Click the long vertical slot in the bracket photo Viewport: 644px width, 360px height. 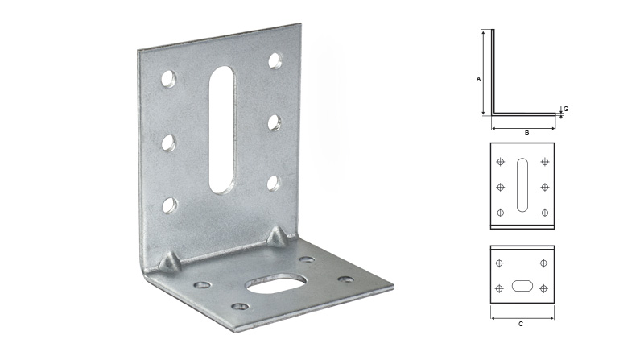click(x=223, y=130)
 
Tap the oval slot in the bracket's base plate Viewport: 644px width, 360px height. click(x=276, y=283)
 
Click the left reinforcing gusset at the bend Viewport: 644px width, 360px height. click(x=170, y=263)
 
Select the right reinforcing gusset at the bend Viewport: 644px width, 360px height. click(x=278, y=236)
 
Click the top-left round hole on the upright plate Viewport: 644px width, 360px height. click(x=168, y=78)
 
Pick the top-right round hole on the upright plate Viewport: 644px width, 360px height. click(x=275, y=60)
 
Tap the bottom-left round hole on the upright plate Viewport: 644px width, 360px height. click(x=169, y=205)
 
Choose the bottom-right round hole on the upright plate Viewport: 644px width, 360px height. click(x=274, y=183)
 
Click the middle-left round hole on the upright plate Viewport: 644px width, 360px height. click(x=168, y=143)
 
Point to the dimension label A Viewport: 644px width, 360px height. click(x=478, y=79)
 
